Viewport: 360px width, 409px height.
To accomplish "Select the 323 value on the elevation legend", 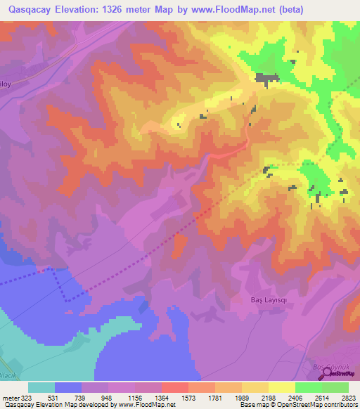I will [22, 398].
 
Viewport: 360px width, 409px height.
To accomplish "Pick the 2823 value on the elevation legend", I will [348, 398].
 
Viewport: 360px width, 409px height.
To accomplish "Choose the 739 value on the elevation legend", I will [81, 398].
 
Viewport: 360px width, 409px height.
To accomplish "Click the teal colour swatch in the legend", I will [41, 387].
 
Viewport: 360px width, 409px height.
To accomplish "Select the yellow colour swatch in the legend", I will [281, 387].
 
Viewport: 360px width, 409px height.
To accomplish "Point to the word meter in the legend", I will [8, 398].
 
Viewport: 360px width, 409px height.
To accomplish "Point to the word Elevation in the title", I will [85, 10].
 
